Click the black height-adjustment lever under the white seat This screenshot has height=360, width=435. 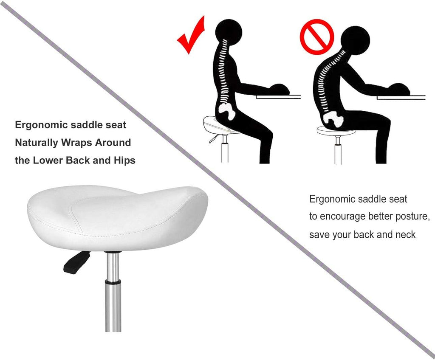pyautogui.click(x=76, y=262)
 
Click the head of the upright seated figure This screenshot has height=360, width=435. pyautogui.click(x=229, y=31)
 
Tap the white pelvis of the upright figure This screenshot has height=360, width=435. pyautogui.click(x=228, y=112)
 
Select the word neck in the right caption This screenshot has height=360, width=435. pyautogui.click(x=405, y=234)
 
